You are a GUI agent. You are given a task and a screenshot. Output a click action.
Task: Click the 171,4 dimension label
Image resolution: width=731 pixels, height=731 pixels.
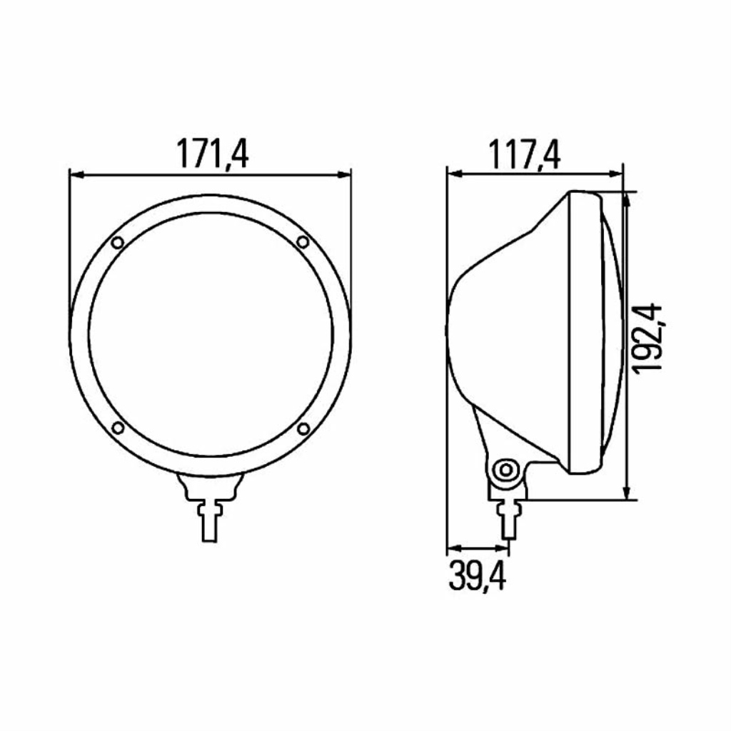(x=212, y=154)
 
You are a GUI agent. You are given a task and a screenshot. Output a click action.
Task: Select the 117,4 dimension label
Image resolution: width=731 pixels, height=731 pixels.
(x=524, y=154)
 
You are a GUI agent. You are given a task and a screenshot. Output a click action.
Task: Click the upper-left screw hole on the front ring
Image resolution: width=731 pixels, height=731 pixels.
(x=118, y=243)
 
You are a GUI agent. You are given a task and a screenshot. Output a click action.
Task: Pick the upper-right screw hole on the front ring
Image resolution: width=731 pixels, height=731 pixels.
(x=303, y=242)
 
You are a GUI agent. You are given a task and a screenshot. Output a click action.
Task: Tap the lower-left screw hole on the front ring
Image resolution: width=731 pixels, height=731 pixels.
(x=118, y=428)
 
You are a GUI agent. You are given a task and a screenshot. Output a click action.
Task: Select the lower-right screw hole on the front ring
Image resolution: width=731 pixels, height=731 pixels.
(x=303, y=428)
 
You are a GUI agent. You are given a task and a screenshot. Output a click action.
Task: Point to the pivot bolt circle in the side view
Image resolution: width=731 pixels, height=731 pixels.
(x=506, y=470)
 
